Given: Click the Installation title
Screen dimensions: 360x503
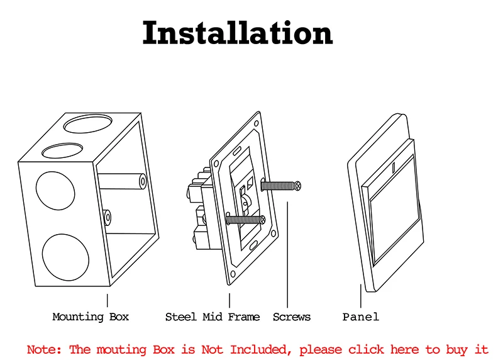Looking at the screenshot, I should (237, 34).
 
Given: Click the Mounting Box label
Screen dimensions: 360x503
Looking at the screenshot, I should (91, 317).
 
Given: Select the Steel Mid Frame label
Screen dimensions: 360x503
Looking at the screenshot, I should (212, 317).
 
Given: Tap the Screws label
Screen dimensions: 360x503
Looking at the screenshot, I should (291, 317).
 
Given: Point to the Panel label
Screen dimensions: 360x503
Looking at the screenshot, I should (360, 317).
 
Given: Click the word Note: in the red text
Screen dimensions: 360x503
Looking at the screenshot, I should (45, 349).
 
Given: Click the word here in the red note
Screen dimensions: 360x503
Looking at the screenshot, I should (404, 349).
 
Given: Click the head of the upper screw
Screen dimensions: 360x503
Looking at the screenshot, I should (299, 185).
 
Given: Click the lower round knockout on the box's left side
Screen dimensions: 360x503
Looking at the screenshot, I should (65, 257).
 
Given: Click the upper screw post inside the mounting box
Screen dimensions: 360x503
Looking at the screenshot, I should (143, 182).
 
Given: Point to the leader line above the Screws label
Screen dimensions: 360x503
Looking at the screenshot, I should (287, 252).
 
